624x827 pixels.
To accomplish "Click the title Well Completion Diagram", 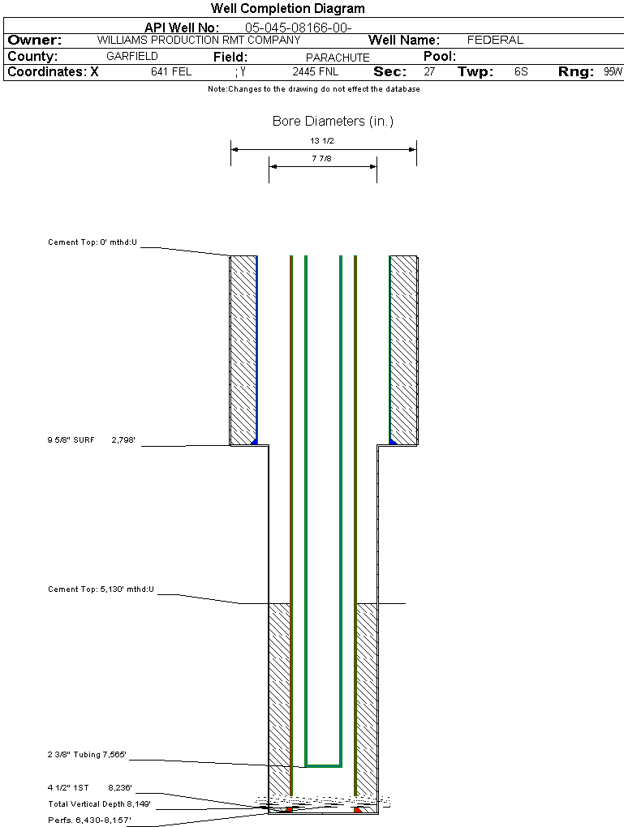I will (288, 9).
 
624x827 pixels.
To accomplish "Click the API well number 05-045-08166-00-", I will (298, 28).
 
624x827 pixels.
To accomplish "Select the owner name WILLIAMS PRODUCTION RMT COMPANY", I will (199, 40).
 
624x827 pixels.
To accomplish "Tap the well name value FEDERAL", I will (495, 40).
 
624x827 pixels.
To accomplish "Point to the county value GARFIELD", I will (132, 57).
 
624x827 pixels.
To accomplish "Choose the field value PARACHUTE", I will (338, 58).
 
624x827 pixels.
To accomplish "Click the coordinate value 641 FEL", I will (171, 72).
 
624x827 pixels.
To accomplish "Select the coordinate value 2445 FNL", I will (316, 72).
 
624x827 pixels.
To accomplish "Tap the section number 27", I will (429, 72).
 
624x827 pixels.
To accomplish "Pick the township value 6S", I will (521, 72).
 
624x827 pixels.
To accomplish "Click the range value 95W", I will (613, 72).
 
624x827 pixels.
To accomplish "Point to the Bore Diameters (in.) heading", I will (333, 122).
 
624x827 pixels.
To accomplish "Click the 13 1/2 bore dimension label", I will (322, 141).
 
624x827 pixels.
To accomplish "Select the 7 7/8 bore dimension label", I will (322, 159).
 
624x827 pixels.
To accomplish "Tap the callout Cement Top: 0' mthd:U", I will (93, 242).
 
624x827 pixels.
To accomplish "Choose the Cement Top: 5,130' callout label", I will (101, 589).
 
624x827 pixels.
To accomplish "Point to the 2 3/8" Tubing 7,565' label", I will (87, 756).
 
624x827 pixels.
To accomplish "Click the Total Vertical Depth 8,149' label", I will (100, 804).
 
